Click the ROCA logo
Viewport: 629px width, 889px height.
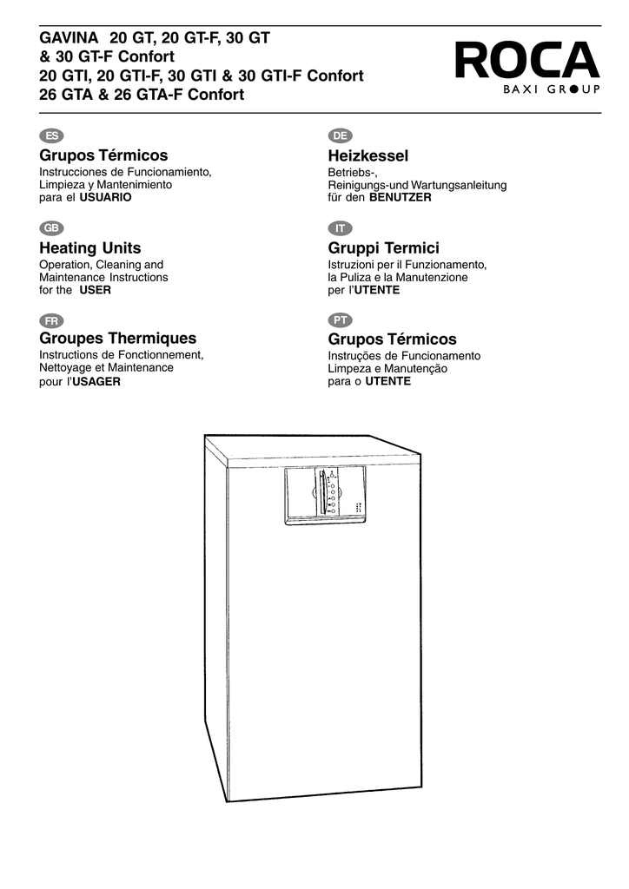(x=526, y=67)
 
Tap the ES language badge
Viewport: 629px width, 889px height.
(x=51, y=135)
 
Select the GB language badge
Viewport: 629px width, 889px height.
(x=51, y=228)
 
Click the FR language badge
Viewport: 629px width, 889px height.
(x=51, y=321)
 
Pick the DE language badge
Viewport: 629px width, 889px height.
(x=341, y=135)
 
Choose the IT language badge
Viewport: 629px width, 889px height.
(x=341, y=228)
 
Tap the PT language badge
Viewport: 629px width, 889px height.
(x=341, y=320)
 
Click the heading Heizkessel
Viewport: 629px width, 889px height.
(x=368, y=156)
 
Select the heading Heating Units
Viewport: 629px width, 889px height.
(x=90, y=248)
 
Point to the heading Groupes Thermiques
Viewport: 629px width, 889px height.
(x=118, y=339)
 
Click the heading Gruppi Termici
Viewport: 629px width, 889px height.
(x=383, y=248)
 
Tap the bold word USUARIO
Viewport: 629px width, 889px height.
(x=105, y=197)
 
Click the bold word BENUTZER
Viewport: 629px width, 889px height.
(x=401, y=197)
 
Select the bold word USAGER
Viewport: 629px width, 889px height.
(x=96, y=382)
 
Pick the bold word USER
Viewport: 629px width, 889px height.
(x=96, y=290)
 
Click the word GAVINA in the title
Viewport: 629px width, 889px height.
(x=69, y=38)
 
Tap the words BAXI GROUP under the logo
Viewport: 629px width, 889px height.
(x=552, y=89)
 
